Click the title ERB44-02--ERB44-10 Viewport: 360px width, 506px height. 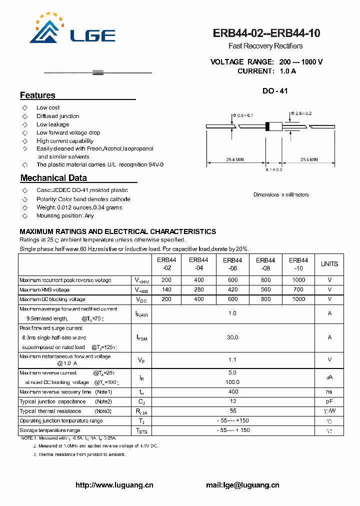click(266, 33)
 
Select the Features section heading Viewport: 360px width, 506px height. click(38, 95)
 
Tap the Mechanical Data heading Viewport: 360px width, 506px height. click(53, 178)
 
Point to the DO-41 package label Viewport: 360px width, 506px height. click(275, 91)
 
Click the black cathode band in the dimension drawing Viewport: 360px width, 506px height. click(267, 126)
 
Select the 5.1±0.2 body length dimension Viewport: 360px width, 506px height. click(274, 170)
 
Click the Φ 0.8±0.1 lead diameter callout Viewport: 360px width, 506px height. click(244, 115)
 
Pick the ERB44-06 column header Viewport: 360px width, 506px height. click(232, 264)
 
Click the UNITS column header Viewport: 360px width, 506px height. click(329, 264)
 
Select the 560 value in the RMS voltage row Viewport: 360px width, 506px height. click(265, 289)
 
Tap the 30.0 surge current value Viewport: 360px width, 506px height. click(232, 337)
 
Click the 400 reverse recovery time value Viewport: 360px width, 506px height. click(232, 392)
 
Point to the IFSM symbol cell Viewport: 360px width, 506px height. click(142, 338)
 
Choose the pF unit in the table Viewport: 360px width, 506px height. click(329, 401)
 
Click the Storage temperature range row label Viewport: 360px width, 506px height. click(50, 430)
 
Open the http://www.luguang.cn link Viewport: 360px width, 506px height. click(114, 485)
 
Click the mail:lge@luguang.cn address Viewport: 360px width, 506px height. click(242, 485)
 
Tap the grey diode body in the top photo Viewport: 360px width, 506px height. click(98, 73)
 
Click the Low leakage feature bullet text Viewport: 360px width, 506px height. click(52, 124)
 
